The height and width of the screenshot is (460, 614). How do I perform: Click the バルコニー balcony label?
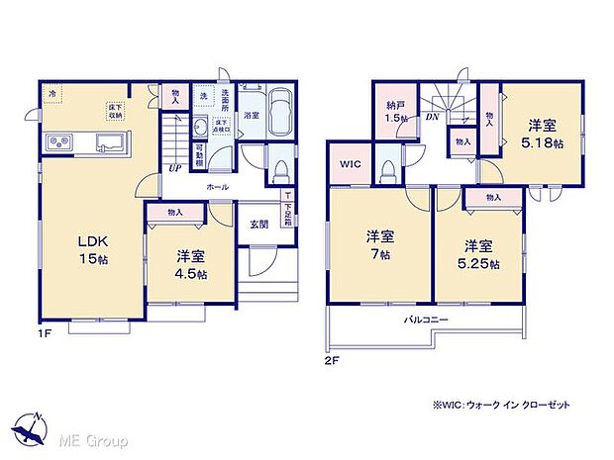pos(427,321)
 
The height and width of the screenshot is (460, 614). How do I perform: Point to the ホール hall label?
pos(219,185)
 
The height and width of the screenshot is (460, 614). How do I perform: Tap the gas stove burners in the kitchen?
pos(59,144)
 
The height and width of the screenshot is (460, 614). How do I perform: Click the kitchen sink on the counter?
pos(108,144)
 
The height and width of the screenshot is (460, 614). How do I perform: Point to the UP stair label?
pos(174,168)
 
